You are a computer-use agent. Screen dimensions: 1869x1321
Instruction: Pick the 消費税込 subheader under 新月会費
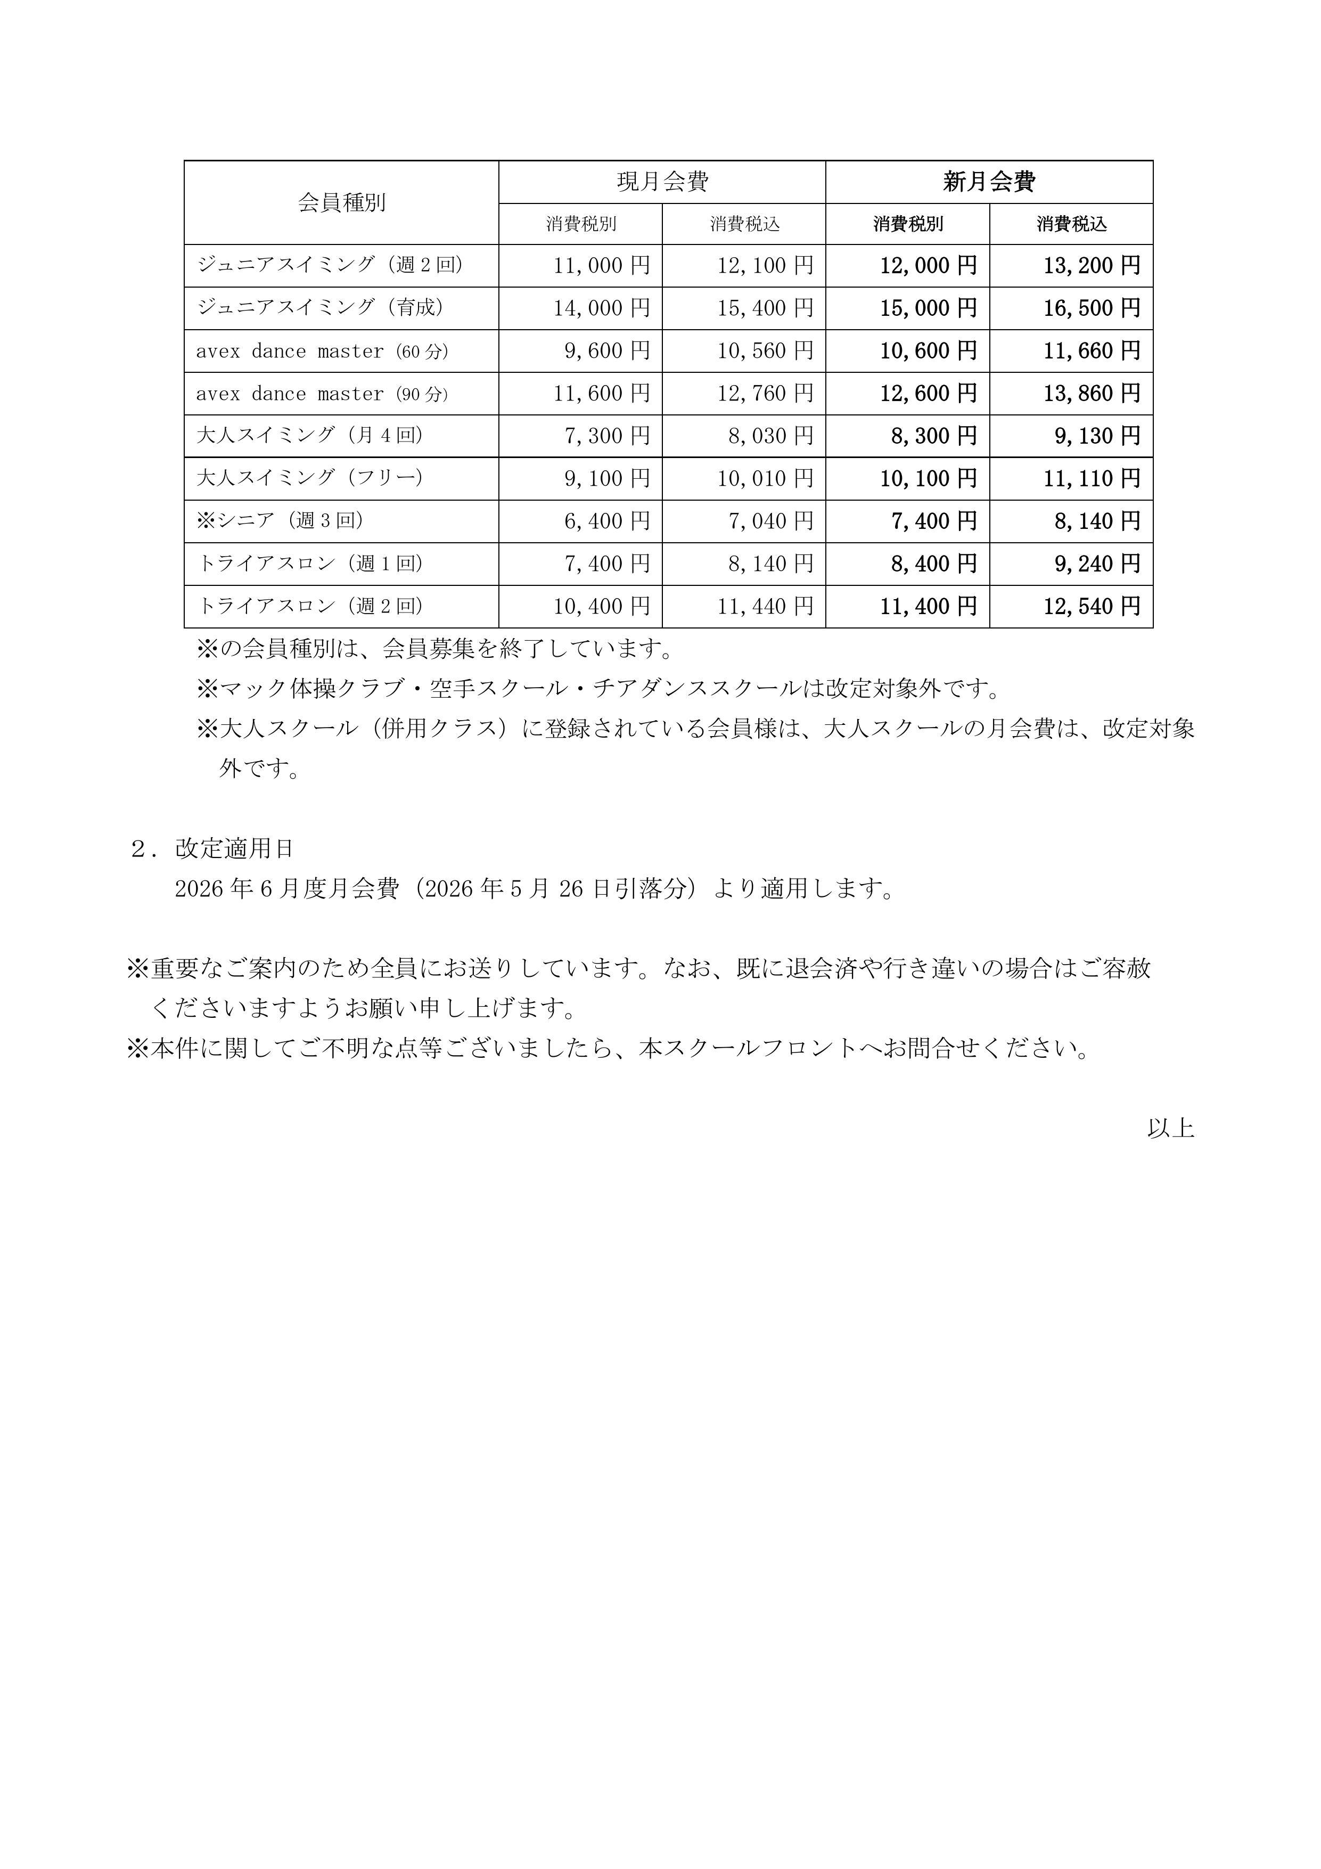(1071, 224)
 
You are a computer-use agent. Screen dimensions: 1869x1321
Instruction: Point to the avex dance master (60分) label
(322, 351)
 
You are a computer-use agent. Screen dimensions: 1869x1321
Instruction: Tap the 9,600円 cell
(607, 351)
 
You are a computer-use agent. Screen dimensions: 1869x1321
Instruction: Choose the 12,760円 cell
(765, 393)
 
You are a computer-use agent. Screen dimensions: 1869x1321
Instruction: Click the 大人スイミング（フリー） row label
(310, 478)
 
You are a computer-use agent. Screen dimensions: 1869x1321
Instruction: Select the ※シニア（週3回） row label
(280, 521)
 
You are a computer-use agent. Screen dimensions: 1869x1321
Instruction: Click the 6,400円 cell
(607, 521)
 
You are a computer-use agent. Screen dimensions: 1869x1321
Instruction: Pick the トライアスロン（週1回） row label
(310, 564)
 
